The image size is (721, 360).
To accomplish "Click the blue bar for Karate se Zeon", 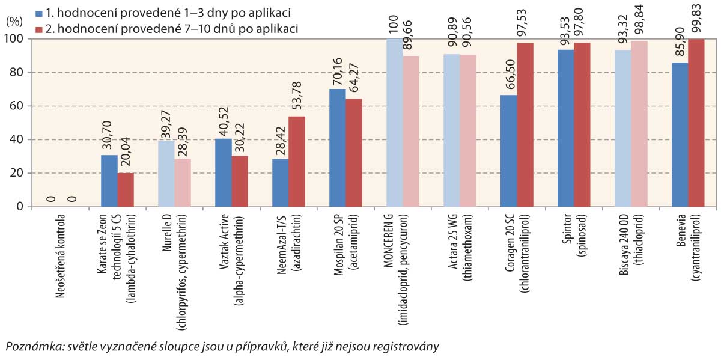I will (x=109, y=181).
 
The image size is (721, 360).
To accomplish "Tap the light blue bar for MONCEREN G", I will (x=394, y=123).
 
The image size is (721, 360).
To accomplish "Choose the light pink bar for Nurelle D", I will (x=183, y=183).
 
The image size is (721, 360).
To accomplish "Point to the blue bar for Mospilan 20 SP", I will (x=338, y=148).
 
